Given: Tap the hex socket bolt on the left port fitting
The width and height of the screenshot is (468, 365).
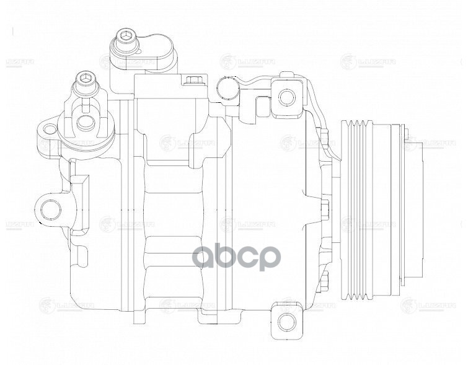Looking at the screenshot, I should pyautogui.click(x=84, y=79).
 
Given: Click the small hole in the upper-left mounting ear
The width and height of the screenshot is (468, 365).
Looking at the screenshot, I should pyautogui.click(x=48, y=130).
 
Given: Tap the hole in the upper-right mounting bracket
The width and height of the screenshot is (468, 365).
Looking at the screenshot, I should pyautogui.click(x=285, y=97).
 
